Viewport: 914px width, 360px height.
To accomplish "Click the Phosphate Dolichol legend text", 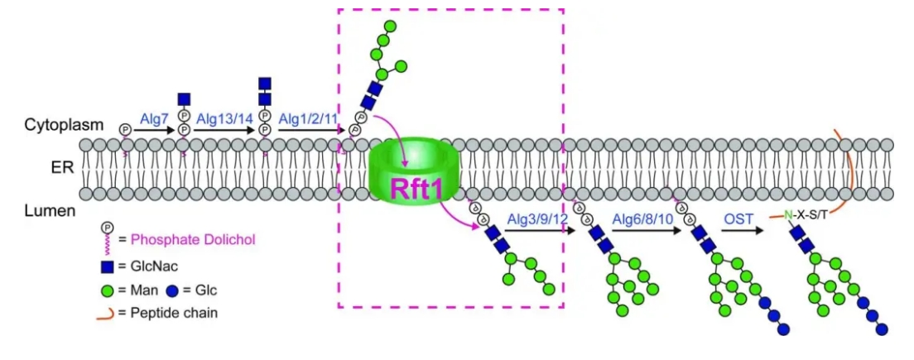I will pos(193,240).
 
